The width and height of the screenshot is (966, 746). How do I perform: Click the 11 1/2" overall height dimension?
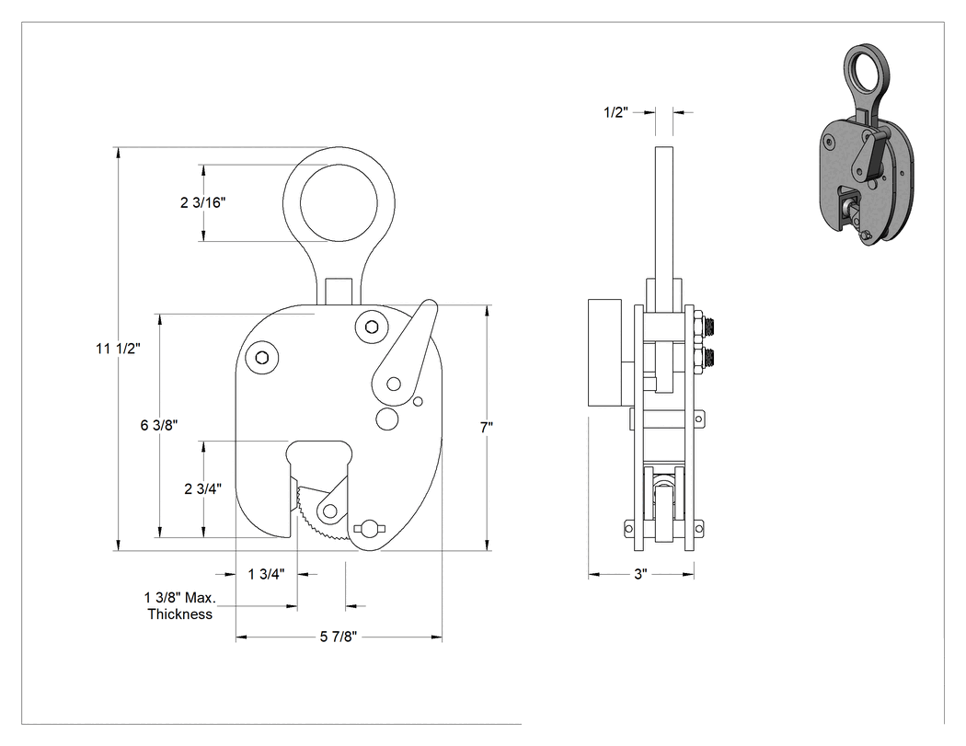(119, 349)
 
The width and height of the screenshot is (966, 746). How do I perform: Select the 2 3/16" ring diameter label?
(202, 202)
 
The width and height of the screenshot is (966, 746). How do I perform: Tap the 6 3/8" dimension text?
(159, 425)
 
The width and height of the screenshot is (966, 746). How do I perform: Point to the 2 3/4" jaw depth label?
(202, 489)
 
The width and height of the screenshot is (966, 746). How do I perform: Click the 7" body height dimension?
(487, 427)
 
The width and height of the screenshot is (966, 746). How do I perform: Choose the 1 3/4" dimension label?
(266, 575)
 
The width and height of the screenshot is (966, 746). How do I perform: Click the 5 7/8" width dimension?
(339, 637)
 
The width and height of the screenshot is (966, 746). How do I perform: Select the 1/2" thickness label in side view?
(615, 112)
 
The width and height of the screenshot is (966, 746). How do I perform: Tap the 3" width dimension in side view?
(640, 575)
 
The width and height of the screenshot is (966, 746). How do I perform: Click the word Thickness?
(180, 614)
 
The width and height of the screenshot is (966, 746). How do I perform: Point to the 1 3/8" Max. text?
(180, 598)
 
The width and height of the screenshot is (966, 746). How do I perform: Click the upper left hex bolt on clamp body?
(261, 357)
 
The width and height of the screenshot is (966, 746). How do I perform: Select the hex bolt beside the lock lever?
(371, 327)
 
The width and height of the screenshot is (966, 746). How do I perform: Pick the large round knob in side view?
(606, 353)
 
